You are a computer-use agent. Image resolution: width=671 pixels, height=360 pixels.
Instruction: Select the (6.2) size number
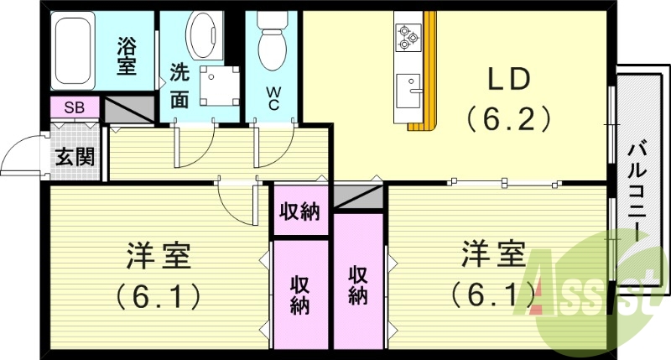click(509, 118)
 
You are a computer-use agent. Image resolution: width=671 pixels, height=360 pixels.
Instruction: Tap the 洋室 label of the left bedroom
click(159, 255)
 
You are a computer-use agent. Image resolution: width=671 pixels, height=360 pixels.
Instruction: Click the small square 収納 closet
click(299, 212)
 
